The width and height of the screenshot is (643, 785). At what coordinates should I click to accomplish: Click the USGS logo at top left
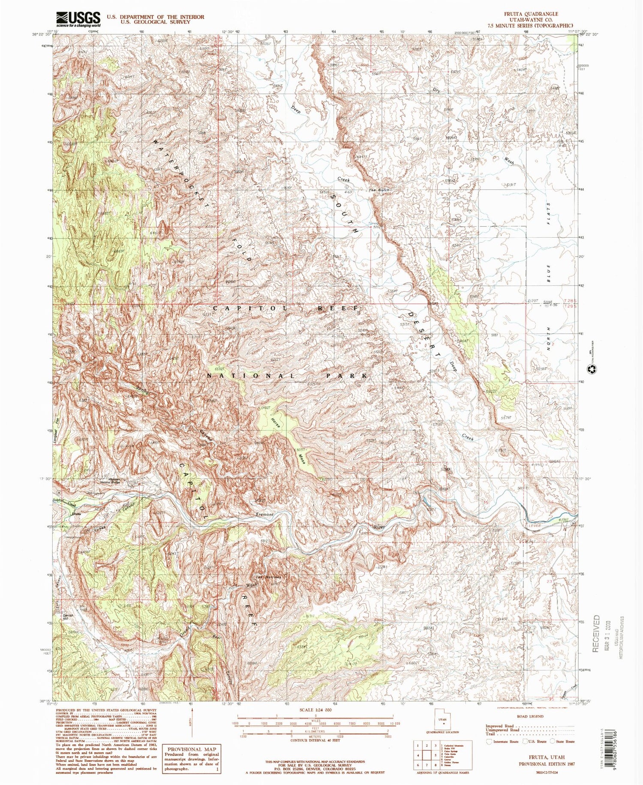click(x=78, y=19)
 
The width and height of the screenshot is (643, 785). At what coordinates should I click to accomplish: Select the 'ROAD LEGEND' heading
click(x=530, y=716)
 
